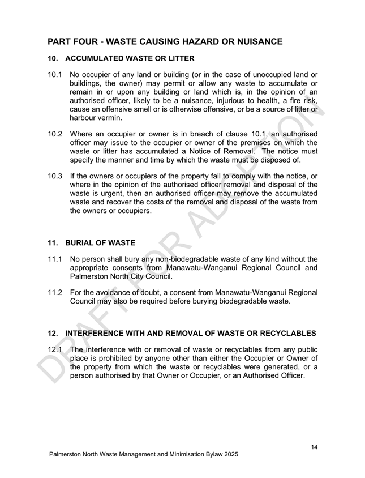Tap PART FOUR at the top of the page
coord(72,41)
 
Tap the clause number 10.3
coord(54,176)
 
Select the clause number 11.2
coord(54,292)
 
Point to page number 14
coord(314,447)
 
